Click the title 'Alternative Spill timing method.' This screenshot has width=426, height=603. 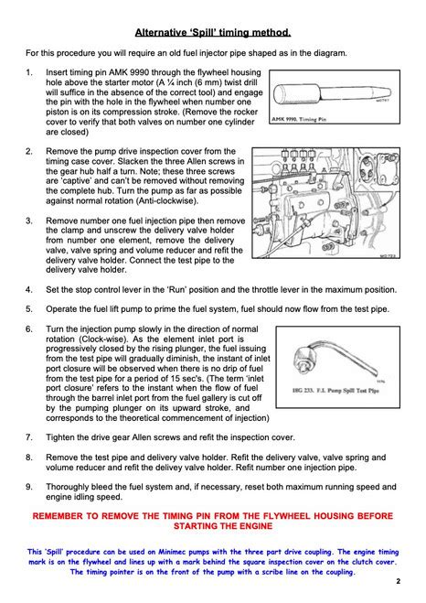point(213,32)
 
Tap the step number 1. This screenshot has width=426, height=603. point(29,72)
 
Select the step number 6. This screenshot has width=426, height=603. point(29,329)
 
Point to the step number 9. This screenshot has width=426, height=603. point(29,487)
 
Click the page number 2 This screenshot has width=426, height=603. point(398,581)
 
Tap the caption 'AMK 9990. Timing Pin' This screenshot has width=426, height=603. point(299,119)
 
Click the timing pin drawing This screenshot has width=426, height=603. point(333,94)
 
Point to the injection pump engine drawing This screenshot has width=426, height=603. point(325,202)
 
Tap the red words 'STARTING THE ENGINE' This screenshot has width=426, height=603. point(223,526)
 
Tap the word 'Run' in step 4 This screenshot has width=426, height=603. point(178,289)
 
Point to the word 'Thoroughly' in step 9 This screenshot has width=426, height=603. point(65,487)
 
